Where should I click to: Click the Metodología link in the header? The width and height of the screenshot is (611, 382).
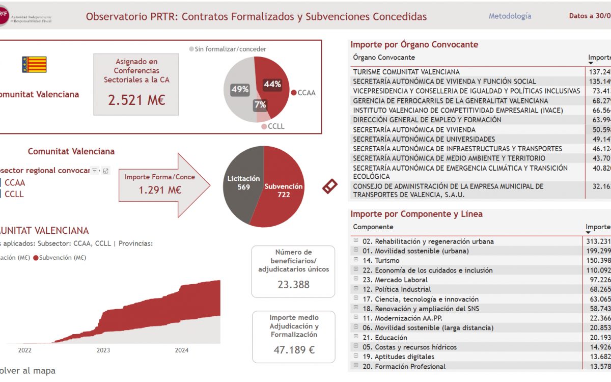510,16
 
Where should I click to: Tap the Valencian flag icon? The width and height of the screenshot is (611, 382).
34,65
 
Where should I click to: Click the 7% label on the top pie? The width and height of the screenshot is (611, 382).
260,105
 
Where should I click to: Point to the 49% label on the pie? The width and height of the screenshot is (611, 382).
240,90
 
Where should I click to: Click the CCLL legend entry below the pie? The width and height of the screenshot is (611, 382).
275,126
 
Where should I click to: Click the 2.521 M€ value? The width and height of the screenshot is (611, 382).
136,100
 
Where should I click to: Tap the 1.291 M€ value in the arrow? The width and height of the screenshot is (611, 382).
160,190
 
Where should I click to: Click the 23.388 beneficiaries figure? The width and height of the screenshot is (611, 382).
293,284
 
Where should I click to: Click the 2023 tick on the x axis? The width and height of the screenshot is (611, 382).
103,350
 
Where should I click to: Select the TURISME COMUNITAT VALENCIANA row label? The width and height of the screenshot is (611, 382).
406,72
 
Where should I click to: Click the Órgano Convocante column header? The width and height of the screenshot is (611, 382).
384,58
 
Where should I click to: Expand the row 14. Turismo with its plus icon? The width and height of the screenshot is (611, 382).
356,260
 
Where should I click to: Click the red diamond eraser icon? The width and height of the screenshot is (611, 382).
329,186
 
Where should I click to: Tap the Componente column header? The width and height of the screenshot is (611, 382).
373,227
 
